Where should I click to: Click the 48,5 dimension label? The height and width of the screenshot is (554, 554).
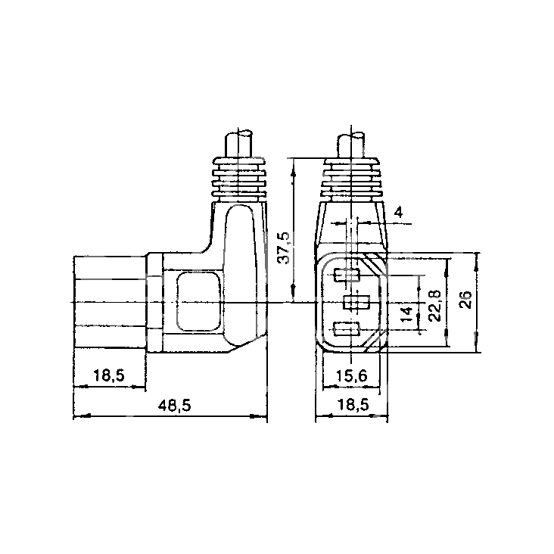(174, 405)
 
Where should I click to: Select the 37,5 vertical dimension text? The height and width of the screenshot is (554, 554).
(283, 247)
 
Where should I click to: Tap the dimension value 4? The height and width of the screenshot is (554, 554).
(398, 213)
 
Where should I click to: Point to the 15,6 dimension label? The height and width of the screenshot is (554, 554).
(352, 376)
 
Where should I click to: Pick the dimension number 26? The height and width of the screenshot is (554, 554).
(466, 300)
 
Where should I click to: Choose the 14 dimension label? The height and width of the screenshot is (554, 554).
(407, 314)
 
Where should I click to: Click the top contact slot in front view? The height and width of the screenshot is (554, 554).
(347, 275)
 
